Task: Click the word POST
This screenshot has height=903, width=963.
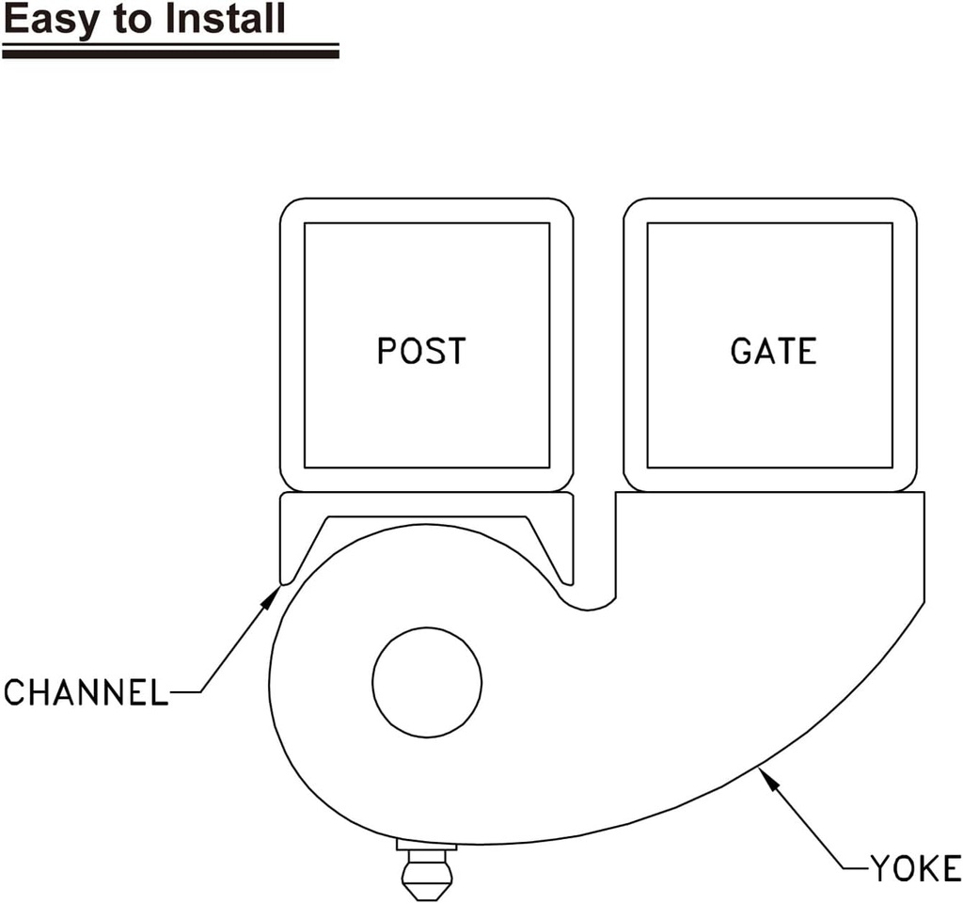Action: (x=420, y=351)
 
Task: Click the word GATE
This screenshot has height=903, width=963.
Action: (x=773, y=351)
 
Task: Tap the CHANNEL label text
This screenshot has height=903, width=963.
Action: (x=85, y=693)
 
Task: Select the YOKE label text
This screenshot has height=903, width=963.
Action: (x=914, y=868)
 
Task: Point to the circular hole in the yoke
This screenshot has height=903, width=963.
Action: (x=427, y=681)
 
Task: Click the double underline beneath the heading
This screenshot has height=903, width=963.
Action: (x=169, y=51)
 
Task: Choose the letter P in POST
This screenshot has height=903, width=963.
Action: (x=386, y=351)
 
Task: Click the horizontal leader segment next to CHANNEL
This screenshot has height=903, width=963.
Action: (x=184, y=693)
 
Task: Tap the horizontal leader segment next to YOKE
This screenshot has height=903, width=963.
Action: (x=852, y=867)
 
